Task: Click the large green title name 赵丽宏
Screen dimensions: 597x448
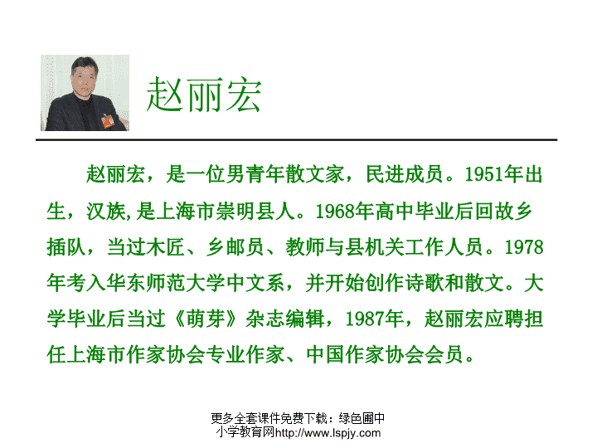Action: coord(204,95)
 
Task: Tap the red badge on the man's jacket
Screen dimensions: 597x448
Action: coord(108,121)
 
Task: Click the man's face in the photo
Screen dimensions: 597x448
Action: coord(84,80)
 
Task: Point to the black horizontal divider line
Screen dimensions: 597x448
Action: coord(297,140)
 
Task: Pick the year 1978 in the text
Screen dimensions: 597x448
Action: coord(523,247)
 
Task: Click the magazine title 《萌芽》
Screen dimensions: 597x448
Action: coord(206,319)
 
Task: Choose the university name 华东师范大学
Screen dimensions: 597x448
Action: coord(166,283)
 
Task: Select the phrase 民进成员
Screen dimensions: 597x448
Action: coord(405,174)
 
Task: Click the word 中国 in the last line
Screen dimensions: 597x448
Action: coord(325,355)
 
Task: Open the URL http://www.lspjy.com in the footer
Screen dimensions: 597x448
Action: coord(328,433)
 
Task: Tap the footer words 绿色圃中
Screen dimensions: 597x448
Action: coord(362,418)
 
